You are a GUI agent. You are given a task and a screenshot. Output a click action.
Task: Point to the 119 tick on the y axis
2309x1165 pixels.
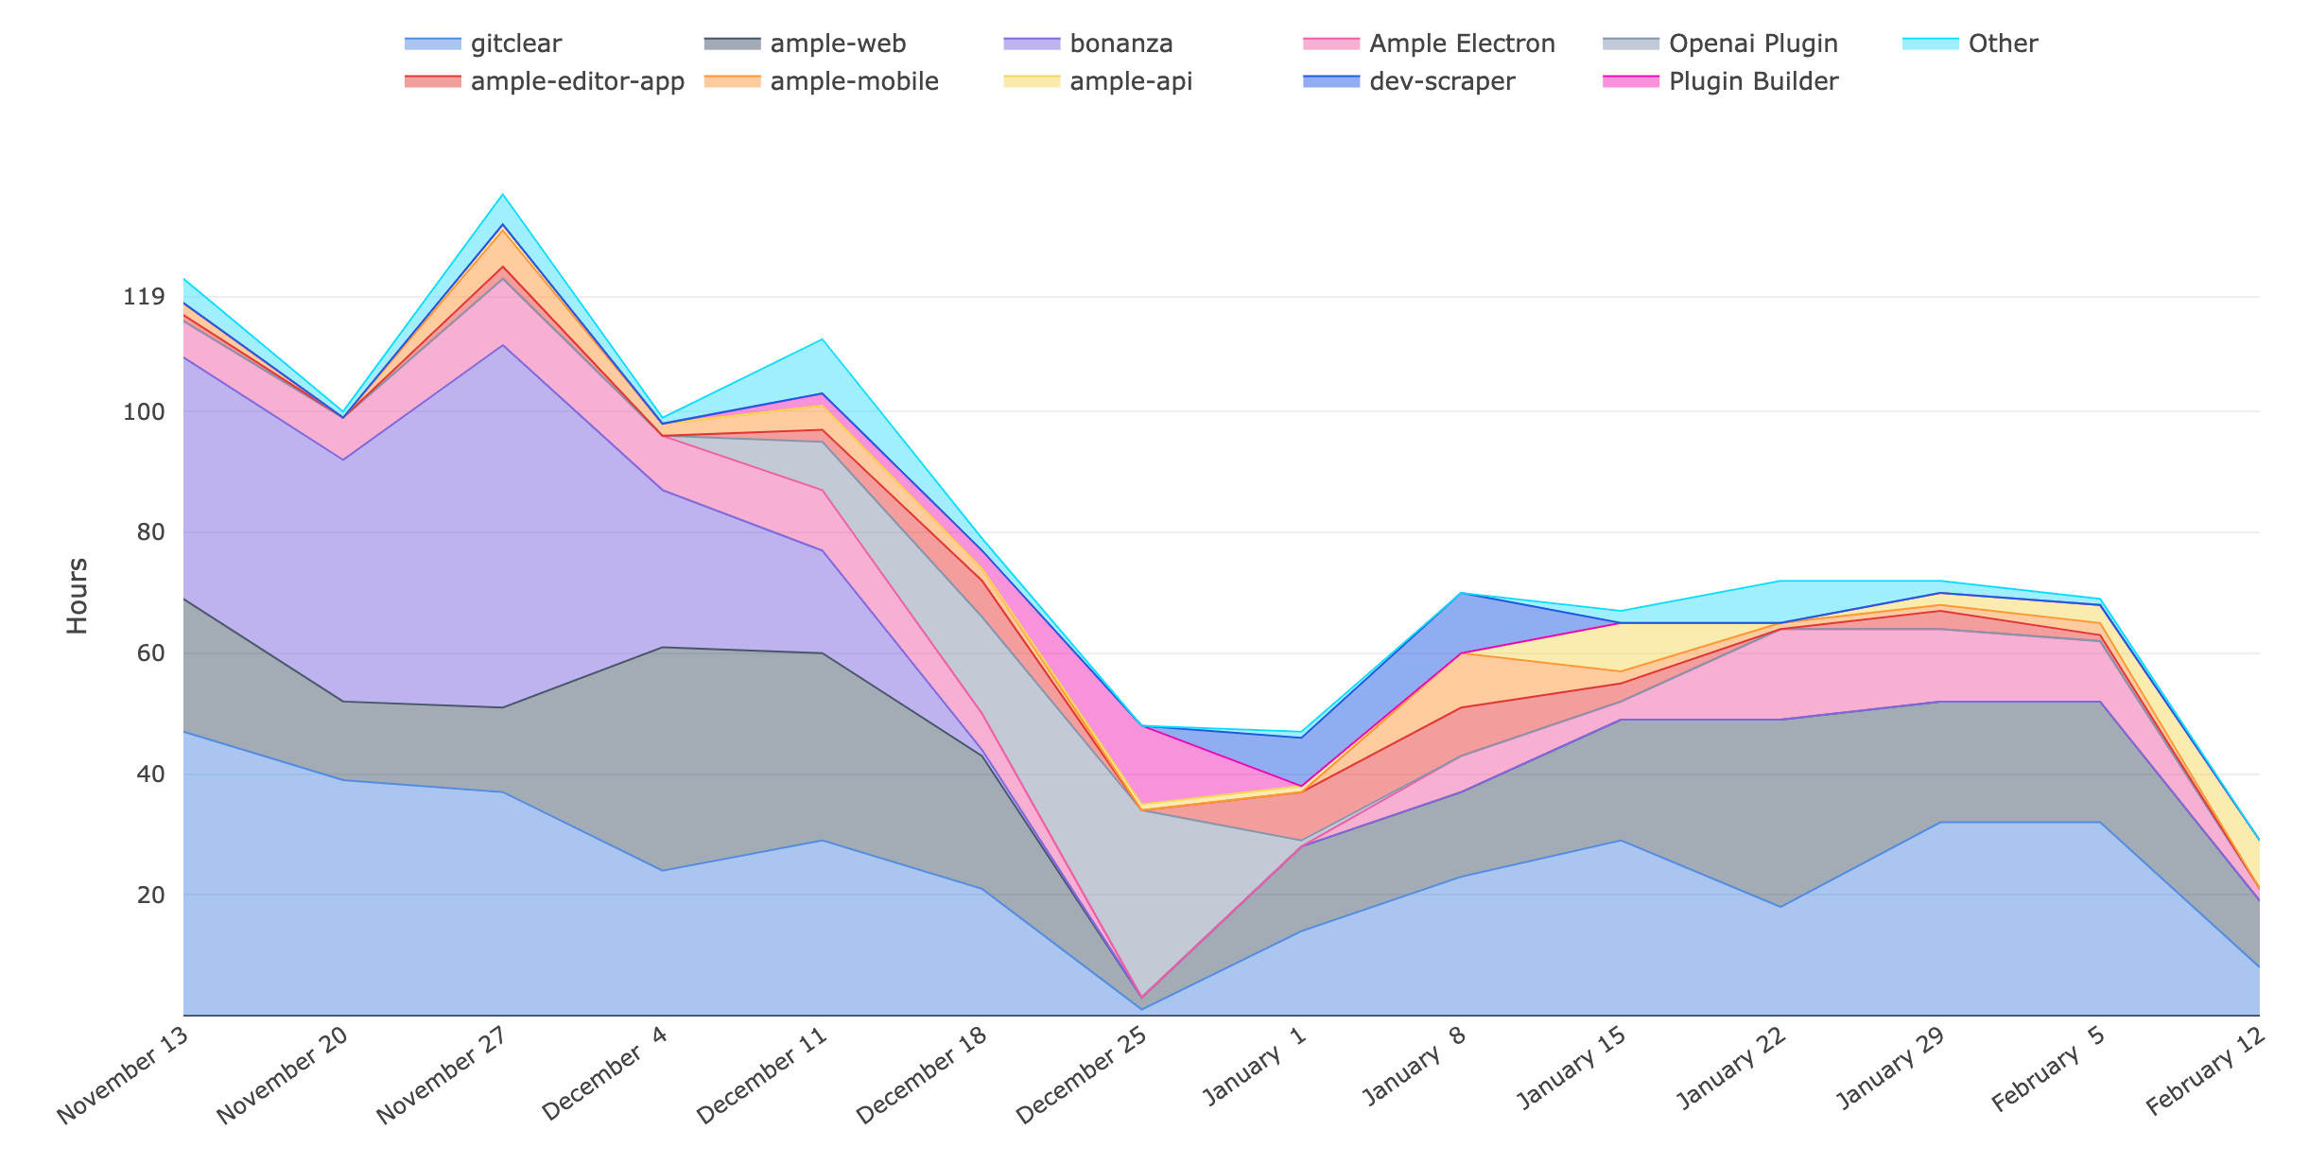coord(144,298)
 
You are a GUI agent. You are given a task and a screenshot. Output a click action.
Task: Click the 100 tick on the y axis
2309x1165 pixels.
coord(144,412)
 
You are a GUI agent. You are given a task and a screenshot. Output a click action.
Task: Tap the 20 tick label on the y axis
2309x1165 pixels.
coord(150,895)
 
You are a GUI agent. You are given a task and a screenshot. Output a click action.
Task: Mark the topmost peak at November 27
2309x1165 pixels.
coord(503,194)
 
